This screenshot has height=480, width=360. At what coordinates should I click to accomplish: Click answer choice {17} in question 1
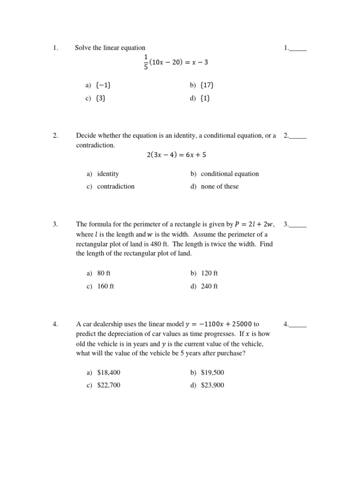coord(207,85)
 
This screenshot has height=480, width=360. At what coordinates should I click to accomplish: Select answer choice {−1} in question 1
coord(103,85)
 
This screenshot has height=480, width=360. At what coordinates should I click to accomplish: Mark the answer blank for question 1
coord(298,48)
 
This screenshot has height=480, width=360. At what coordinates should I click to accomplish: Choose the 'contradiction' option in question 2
coord(115,187)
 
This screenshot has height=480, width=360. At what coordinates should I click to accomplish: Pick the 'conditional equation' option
coord(229,174)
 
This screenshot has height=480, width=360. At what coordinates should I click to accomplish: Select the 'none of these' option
coord(219,187)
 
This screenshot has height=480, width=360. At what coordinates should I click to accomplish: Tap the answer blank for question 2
coord(298,136)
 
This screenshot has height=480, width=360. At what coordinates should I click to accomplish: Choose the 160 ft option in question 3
coord(105,286)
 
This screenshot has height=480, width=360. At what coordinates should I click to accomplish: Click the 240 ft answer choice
coord(209,286)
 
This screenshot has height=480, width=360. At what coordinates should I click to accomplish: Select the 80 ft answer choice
coord(104,273)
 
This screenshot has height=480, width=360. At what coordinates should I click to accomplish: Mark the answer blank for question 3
coord(298,225)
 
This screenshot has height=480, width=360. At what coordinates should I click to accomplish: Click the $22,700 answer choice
coord(109,385)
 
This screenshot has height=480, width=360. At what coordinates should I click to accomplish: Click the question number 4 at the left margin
coord(55,324)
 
